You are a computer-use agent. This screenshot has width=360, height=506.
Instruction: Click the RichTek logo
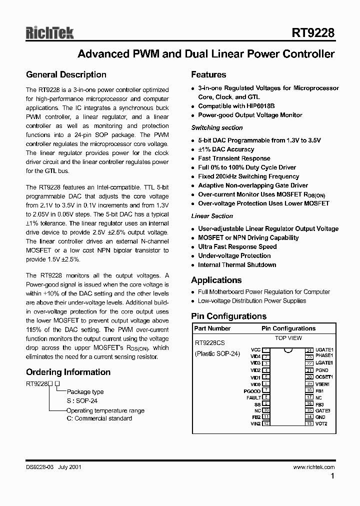[50, 33]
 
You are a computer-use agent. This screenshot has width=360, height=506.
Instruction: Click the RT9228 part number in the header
[313, 33]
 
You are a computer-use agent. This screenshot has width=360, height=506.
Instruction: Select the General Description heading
[66, 75]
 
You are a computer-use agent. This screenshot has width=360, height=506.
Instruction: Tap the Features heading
[208, 75]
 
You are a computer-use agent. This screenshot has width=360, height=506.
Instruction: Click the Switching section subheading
[217, 128]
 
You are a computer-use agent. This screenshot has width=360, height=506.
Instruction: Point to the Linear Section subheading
[212, 216]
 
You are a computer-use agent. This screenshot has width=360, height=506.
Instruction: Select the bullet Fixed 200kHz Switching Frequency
[248, 176]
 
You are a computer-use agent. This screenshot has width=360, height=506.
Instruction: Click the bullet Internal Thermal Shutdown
[237, 265]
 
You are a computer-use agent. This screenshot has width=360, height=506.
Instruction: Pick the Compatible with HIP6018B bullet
[236, 106]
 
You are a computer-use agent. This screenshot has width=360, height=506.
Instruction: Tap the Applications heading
[216, 280]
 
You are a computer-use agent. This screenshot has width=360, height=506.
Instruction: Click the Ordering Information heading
[68, 372]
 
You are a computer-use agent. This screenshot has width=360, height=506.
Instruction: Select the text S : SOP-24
[83, 400]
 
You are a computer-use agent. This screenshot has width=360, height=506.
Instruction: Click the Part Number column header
[212, 328]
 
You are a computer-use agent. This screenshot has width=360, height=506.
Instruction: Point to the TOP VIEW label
[288, 338]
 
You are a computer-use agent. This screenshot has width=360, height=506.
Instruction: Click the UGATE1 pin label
[324, 350]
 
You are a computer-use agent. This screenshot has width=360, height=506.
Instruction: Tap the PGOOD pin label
[252, 391]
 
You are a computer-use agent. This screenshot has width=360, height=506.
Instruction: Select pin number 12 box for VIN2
[266, 423]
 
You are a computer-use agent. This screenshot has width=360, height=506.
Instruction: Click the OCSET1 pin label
[324, 377]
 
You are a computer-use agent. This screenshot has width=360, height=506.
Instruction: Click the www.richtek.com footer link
[314, 467]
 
